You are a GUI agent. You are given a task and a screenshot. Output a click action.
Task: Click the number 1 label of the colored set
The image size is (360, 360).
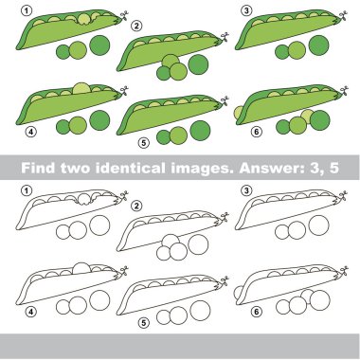click(x=27, y=10)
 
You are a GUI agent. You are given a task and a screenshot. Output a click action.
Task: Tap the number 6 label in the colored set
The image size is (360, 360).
click(x=257, y=132)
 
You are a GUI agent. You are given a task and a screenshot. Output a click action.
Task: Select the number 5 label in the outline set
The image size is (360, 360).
click(x=143, y=323)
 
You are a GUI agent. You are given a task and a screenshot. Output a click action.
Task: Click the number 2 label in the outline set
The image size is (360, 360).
click(x=136, y=206)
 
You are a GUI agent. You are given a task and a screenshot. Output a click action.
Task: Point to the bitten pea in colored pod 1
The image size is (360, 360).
click(x=84, y=19)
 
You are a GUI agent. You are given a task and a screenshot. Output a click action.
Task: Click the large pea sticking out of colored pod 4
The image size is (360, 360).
click(x=81, y=88)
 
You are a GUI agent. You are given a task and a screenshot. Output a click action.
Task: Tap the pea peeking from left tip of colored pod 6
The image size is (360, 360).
click(x=239, y=113)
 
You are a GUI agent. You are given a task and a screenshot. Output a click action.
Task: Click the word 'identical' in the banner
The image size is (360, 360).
click(x=131, y=168)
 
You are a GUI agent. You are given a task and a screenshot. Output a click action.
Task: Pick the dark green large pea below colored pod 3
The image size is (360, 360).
click(x=319, y=45)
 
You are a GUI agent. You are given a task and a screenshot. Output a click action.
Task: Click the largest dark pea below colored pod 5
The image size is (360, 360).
click(x=200, y=131)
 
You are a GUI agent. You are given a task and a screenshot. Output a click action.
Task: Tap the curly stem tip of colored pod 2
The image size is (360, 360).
click(x=224, y=38)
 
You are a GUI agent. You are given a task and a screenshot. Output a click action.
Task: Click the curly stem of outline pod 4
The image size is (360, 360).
click(x=123, y=272)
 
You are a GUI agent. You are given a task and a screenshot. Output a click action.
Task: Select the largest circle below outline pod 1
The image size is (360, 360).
click(x=99, y=225)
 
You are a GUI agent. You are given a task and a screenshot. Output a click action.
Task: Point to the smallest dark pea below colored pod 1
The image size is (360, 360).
click(x=63, y=52)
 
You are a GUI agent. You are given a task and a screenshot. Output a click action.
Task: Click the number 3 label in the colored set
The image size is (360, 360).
click(x=246, y=10)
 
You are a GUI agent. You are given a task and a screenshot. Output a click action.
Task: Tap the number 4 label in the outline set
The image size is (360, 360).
click(x=30, y=312)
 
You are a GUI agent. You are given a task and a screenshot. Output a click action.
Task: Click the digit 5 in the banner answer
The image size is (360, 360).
click(x=334, y=168)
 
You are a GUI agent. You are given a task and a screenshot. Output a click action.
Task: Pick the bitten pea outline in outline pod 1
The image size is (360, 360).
click(x=84, y=200)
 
